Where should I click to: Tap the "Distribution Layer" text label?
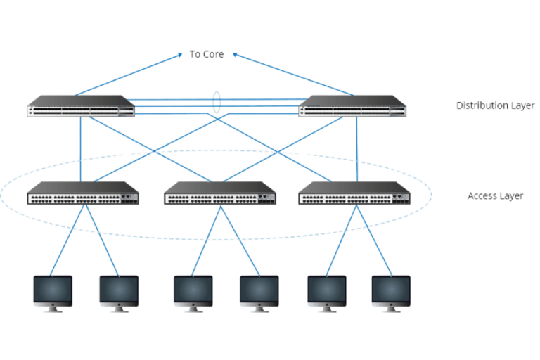click(495, 106)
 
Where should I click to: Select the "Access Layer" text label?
click(495, 197)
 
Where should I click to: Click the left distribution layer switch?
click(81, 105)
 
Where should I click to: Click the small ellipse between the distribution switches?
click(217, 104)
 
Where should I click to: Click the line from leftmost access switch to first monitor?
click(70, 239)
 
